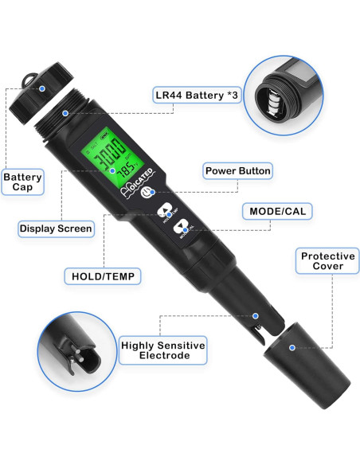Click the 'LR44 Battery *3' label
[196, 96]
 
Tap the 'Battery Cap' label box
[22, 182]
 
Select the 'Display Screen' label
[56, 229]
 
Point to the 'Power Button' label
[238, 170]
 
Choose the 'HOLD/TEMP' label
[102, 276]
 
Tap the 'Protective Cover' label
[327, 262]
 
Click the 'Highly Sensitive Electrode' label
[162, 350]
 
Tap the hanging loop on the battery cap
[29, 79]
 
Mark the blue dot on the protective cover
[292, 348]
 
